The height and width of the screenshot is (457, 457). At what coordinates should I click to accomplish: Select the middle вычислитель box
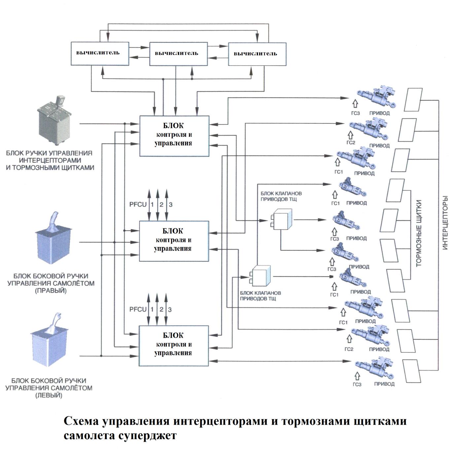(x=178, y=54)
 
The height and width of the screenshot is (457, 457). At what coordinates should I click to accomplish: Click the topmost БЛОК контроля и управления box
(x=174, y=136)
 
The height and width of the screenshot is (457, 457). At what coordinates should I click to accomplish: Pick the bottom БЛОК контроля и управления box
(x=173, y=345)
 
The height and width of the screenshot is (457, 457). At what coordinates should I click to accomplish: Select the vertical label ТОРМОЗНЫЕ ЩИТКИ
(x=419, y=233)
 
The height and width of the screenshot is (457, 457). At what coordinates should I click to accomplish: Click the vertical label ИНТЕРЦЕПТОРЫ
(x=445, y=223)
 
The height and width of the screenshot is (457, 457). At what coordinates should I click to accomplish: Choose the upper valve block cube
(x=281, y=219)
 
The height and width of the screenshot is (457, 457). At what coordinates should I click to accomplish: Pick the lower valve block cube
(x=261, y=275)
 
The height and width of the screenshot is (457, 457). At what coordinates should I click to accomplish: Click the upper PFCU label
(x=138, y=204)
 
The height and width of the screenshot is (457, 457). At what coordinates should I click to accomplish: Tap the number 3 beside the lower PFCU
(x=170, y=309)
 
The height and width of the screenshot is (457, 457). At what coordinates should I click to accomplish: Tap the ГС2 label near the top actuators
(x=351, y=143)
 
